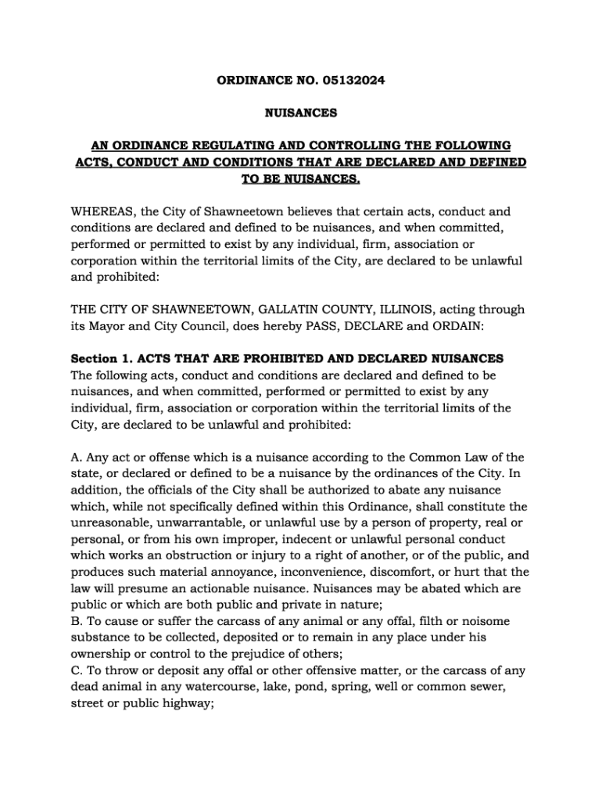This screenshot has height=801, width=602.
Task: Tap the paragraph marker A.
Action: click(x=76, y=457)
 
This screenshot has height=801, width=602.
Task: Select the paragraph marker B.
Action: click(x=76, y=621)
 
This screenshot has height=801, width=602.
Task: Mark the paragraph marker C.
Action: click(x=76, y=670)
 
